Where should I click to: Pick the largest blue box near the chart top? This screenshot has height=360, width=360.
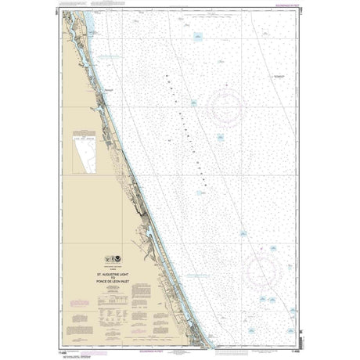[197, 36]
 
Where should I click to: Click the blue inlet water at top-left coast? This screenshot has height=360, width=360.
[85, 23]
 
